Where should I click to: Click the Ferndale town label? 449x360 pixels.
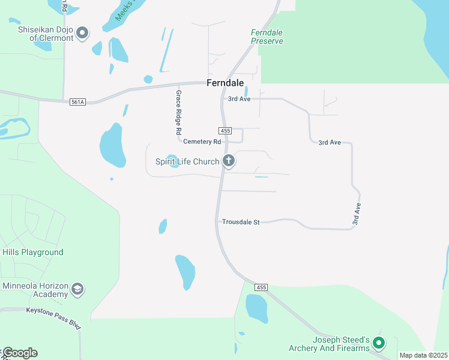[x=226, y=83]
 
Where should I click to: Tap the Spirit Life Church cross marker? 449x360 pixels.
[x=228, y=161]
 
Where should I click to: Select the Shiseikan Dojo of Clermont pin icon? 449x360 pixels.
[x=83, y=32]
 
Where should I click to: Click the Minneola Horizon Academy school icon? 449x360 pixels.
[x=77, y=289]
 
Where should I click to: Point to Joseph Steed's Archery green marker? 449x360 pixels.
[x=378, y=343]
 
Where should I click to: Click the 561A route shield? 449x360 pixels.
[x=77, y=102]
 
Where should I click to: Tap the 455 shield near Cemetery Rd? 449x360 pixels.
[x=225, y=131]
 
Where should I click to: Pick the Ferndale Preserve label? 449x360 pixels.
[x=267, y=37]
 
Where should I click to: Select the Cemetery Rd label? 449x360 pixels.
[x=202, y=142]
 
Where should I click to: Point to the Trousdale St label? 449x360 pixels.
[x=240, y=222]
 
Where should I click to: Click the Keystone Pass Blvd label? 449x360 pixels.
[x=53, y=310]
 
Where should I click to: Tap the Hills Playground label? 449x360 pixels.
[x=32, y=252]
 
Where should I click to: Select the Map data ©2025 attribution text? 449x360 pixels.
[x=423, y=355]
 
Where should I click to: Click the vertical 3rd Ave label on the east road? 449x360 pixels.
[x=357, y=215]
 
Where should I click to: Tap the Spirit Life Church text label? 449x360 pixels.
[x=187, y=161]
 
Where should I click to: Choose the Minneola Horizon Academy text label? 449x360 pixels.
[x=34, y=290]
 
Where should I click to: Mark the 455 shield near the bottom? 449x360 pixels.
[x=261, y=287]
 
